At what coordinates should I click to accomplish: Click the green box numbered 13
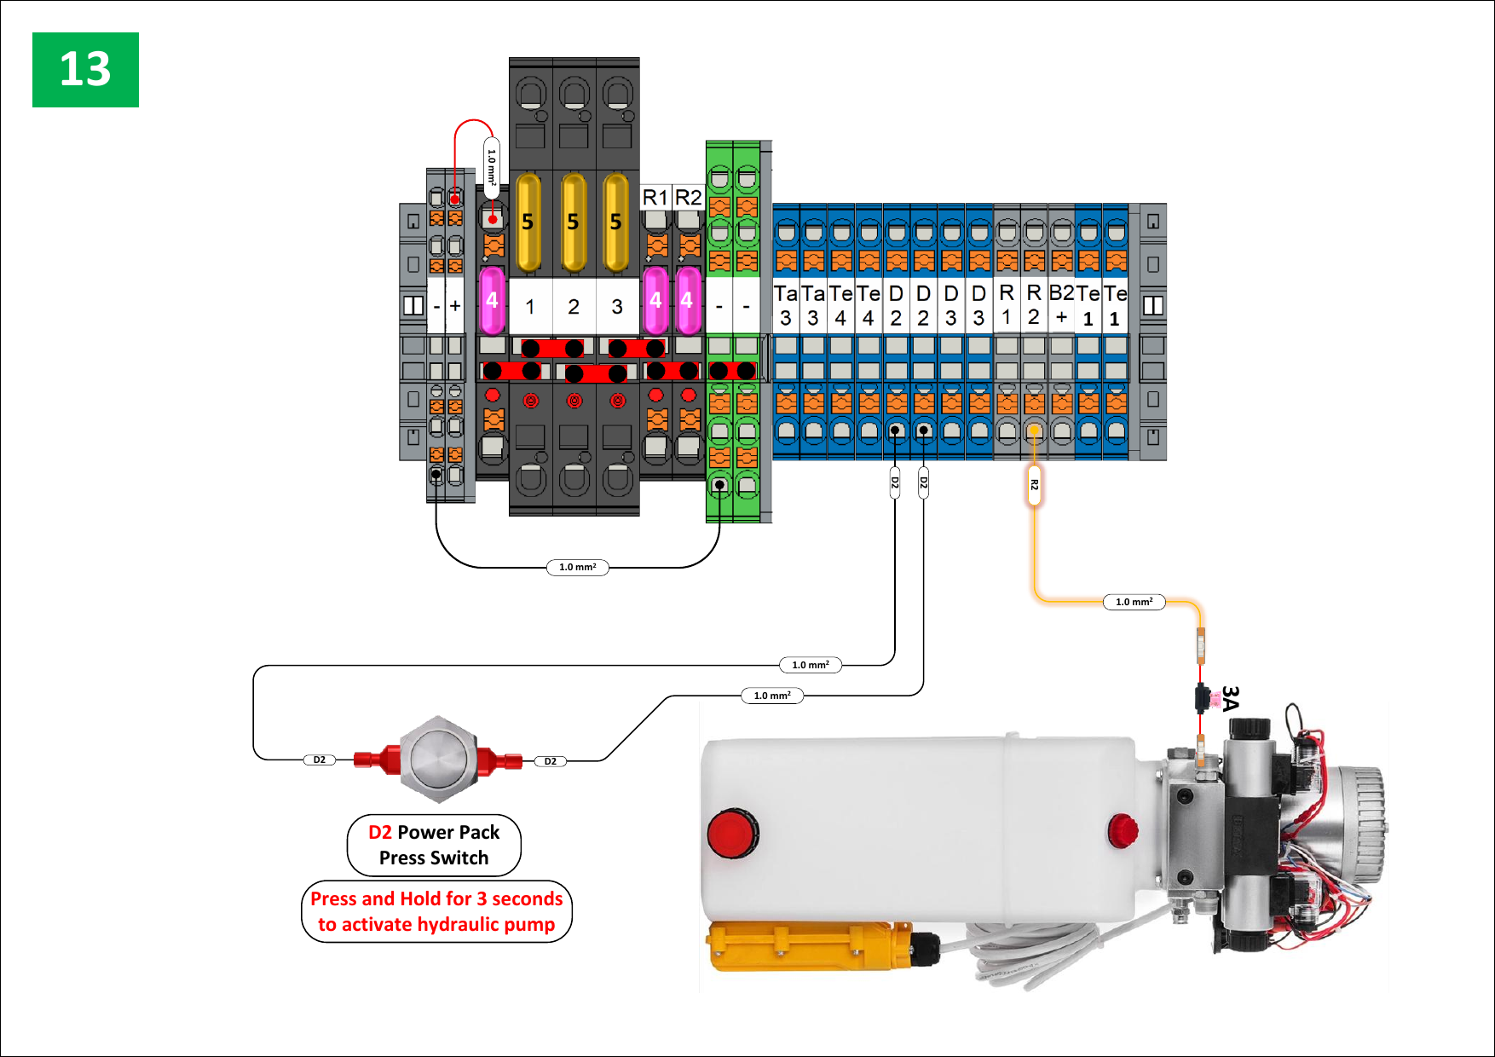pyautogui.click(x=85, y=70)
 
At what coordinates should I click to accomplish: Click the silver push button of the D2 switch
pyautogui.click(x=438, y=758)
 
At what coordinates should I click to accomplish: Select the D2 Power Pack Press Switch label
pyautogui.click(x=434, y=845)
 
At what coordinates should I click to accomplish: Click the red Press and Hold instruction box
pyautogui.click(x=436, y=911)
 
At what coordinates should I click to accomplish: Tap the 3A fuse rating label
pyautogui.click(x=1230, y=698)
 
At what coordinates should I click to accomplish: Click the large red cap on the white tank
pyautogui.click(x=731, y=833)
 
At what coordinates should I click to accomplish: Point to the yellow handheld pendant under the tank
pyautogui.click(x=810, y=946)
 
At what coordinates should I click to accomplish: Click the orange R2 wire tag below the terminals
pyautogui.click(x=1034, y=485)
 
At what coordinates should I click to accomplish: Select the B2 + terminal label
pyautogui.click(x=1061, y=304)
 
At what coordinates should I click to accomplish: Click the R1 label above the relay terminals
pyautogui.click(x=655, y=198)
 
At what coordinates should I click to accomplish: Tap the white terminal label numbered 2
pyautogui.click(x=574, y=306)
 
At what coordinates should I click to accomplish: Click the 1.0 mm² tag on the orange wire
pyautogui.click(x=1134, y=602)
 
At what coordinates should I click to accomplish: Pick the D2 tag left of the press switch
pyautogui.click(x=320, y=760)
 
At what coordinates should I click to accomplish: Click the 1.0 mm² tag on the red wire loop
pyautogui.click(x=492, y=167)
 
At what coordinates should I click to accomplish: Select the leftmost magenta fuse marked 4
pyautogui.click(x=492, y=300)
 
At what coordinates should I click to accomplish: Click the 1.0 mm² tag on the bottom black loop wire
pyautogui.click(x=577, y=567)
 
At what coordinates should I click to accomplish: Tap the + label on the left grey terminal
pyautogui.click(x=455, y=305)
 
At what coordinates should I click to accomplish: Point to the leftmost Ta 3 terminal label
pyautogui.click(x=785, y=305)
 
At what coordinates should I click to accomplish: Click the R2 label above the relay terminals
pyautogui.click(x=688, y=198)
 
